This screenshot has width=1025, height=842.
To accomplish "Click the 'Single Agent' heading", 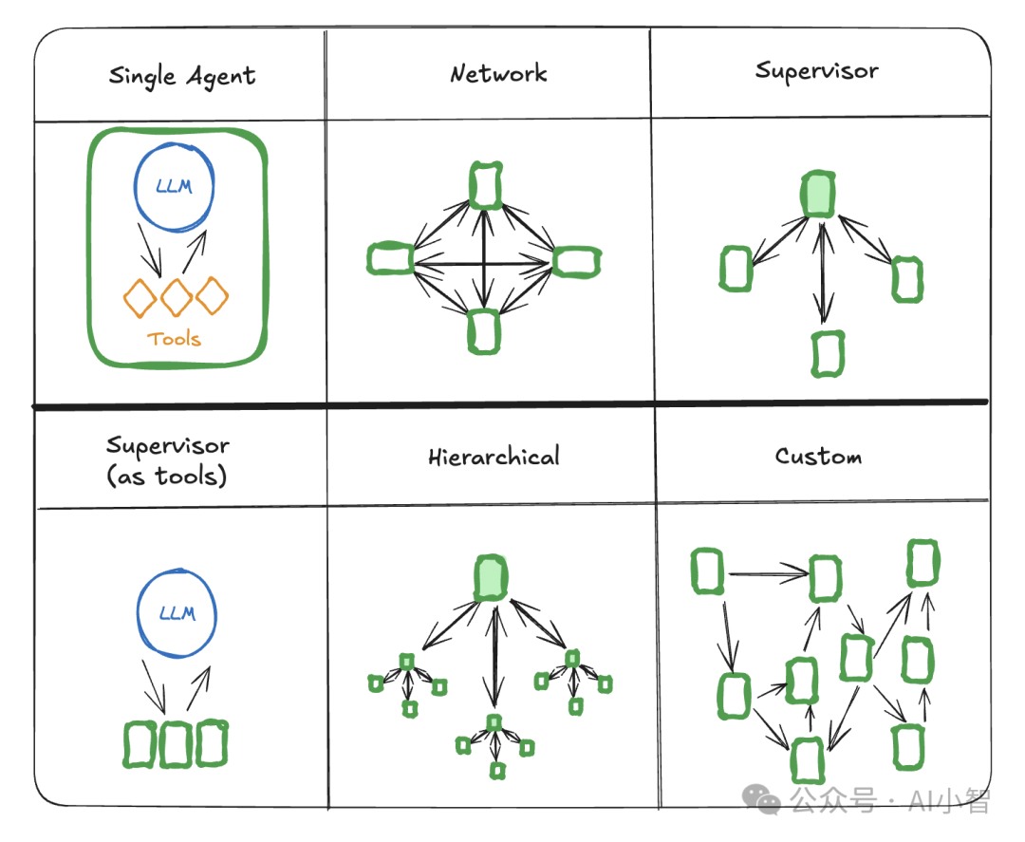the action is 181,77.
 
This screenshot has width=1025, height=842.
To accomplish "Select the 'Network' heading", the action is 498,73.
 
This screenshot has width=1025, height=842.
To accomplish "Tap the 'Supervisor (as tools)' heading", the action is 167,461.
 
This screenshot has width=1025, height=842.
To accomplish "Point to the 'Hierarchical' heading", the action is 494,457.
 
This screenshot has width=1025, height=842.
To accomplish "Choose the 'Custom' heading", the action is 818,456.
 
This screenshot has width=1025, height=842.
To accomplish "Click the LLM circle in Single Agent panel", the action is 136,187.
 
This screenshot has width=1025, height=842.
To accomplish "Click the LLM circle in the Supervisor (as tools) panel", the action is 139,613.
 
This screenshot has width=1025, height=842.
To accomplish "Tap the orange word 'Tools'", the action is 174,339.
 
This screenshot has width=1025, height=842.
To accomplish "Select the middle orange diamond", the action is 177,298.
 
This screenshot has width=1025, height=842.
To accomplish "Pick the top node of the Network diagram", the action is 486,186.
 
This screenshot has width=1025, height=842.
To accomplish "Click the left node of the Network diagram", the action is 390,258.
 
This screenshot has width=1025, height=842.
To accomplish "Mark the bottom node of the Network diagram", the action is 484,331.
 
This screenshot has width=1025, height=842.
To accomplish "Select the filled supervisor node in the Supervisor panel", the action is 818,195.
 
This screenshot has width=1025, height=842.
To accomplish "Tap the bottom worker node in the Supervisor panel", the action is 828,354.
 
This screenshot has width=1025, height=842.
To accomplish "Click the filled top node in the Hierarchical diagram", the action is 491,578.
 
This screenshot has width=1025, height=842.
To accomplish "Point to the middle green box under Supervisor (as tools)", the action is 176,744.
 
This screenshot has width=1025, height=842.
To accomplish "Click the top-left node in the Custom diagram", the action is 707,571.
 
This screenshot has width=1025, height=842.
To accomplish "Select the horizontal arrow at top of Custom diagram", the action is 768,574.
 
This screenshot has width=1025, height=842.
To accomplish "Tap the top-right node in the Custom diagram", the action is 922,563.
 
